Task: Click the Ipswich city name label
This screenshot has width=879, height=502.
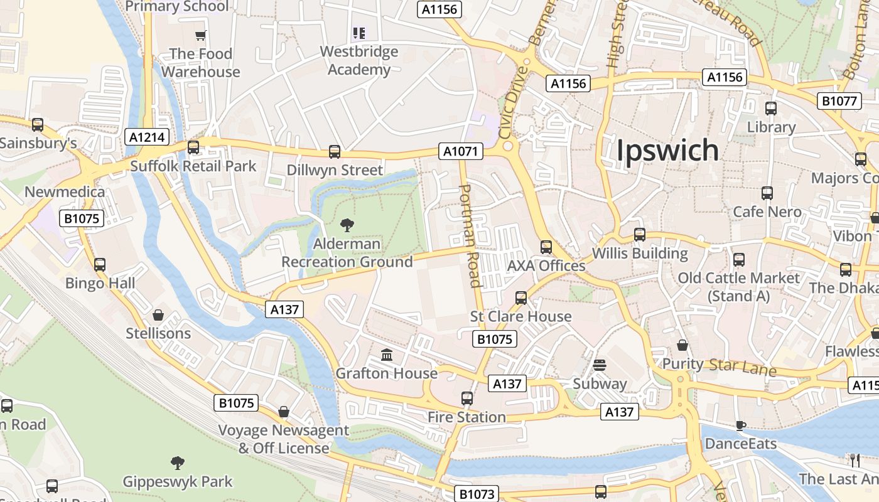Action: click(667, 151)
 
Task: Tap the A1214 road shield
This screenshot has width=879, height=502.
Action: click(148, 137)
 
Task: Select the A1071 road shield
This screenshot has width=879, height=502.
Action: click(460, 151)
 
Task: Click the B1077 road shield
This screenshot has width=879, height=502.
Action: click(839, 101)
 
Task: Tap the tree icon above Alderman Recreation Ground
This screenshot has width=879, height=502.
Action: click(347, 225)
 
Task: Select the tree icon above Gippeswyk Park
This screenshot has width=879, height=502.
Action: click(178, 463)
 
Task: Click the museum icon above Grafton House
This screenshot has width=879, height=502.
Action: click(387, 355)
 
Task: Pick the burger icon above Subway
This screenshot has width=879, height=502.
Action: click(600, 365)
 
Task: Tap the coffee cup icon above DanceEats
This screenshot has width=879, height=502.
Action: click(741, 425)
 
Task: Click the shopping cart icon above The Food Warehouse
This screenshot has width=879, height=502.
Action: click(200, 36)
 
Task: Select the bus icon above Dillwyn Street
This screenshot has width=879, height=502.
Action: click(335, 151)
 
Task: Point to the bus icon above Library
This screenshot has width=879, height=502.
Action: click(771, 109)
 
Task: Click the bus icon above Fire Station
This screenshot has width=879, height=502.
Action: click(466, 398)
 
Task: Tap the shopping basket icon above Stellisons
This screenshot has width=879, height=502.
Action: click(158, 314)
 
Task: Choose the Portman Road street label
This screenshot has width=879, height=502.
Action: click(472, 235)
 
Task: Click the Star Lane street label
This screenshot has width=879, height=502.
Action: click(743, 367)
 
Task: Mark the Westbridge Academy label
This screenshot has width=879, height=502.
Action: click(359, 60)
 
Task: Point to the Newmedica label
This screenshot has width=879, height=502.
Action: click(65, 191)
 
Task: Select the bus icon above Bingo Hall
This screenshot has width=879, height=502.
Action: click(100, 264)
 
